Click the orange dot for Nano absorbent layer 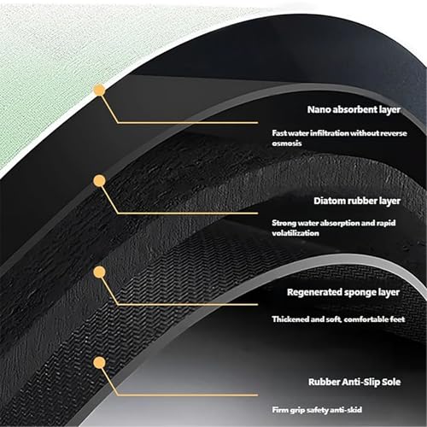coord(99,91)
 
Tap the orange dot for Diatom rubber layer coord(99,181)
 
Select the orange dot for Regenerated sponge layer coord(99,272)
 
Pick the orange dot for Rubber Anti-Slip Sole coord(99,363)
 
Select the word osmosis coord(287,143)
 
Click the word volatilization coord(295,233)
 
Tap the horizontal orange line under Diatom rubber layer coord(188,213)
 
